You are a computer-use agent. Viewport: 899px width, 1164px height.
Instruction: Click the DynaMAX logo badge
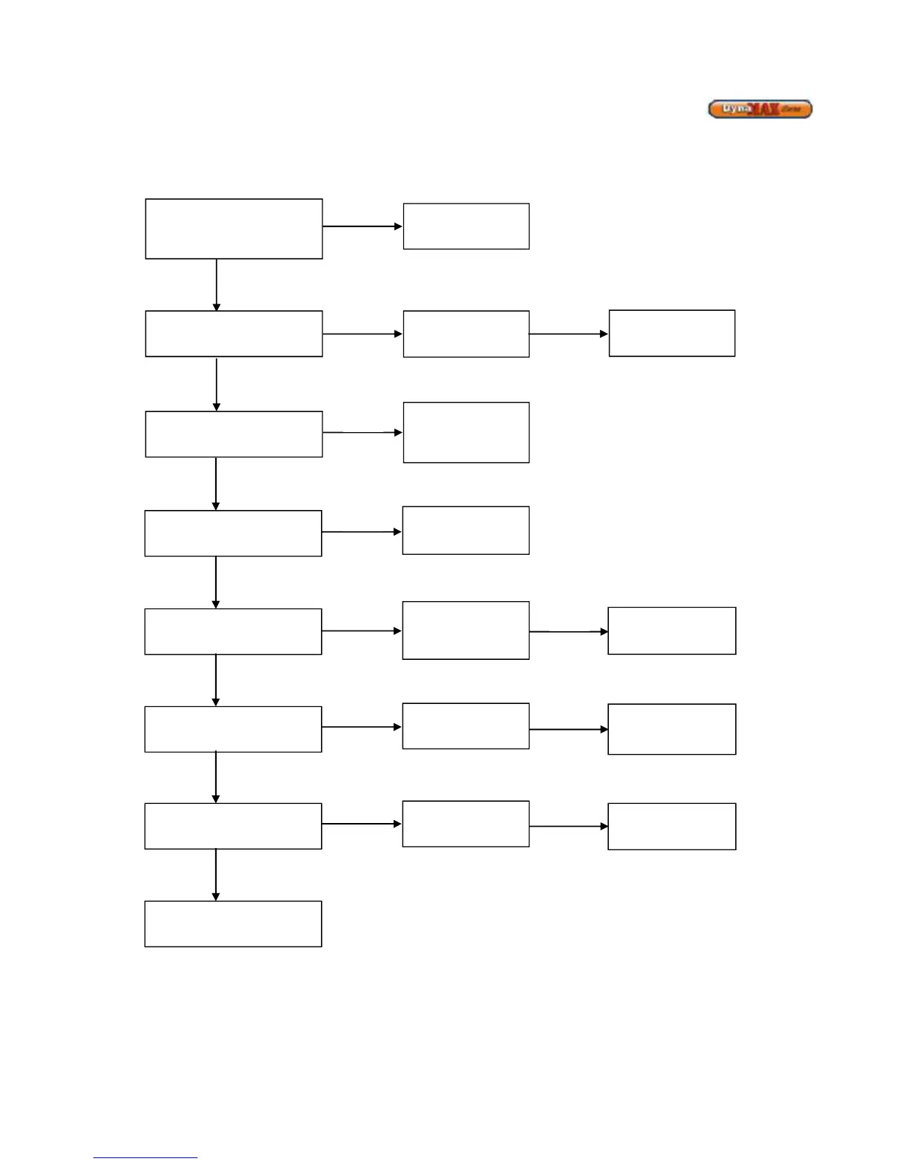(x=760, y=109)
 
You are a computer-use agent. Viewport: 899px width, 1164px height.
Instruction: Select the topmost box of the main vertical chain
(x=234, y=229)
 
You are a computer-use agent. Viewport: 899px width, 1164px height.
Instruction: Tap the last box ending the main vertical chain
(x=233, y=924)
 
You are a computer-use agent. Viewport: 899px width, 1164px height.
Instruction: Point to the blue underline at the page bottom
(x=145, y=1158)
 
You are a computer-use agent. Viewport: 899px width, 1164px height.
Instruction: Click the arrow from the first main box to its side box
(x=362, y=226)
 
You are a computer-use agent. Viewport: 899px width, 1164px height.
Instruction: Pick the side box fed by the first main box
(x=466, y=226)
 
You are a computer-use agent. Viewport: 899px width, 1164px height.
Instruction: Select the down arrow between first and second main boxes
(x=216, y=284)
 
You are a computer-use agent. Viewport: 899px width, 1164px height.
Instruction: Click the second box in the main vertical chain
(x=234, y=334)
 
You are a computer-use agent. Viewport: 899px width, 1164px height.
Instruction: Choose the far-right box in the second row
(x=671, y=333)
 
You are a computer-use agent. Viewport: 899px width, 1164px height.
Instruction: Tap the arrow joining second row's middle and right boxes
(x=568, y=334)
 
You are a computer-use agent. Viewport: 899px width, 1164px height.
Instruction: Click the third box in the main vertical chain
(x=234, y=434)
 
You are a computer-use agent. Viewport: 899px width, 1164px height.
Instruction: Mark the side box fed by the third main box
(x=466, y=432)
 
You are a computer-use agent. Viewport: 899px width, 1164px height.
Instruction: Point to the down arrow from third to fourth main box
(x=215, y=484)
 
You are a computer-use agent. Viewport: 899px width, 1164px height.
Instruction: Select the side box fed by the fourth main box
(x=466, y=530)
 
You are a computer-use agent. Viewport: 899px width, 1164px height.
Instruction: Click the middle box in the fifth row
(x=466, y=630)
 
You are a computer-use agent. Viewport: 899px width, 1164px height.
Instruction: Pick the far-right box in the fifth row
(x=671, y=630)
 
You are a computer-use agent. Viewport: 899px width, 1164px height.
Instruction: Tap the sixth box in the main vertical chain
(x=233, y=729)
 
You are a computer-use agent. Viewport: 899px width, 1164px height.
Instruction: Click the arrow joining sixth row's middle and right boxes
(x=568, y=729)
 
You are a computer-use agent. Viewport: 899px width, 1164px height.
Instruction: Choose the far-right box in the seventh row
(x=671, y=826)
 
